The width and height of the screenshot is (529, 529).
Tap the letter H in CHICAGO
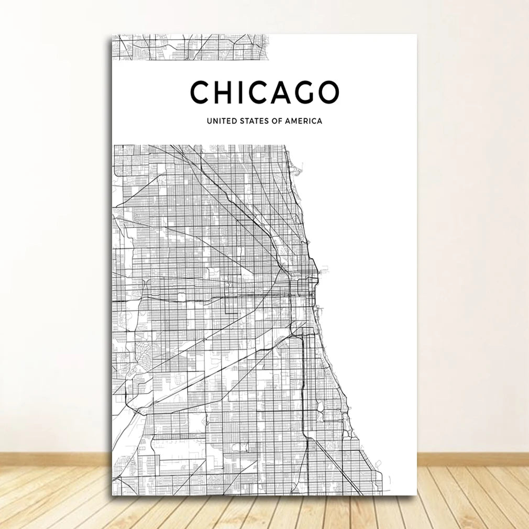tap(226, 92)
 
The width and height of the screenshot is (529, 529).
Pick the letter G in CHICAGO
tap(310, 92)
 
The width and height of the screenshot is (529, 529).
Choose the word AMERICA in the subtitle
tap(303, 121)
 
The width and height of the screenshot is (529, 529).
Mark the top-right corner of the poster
tap(416, 35)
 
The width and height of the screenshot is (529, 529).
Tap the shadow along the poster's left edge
tap(110, 262)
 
